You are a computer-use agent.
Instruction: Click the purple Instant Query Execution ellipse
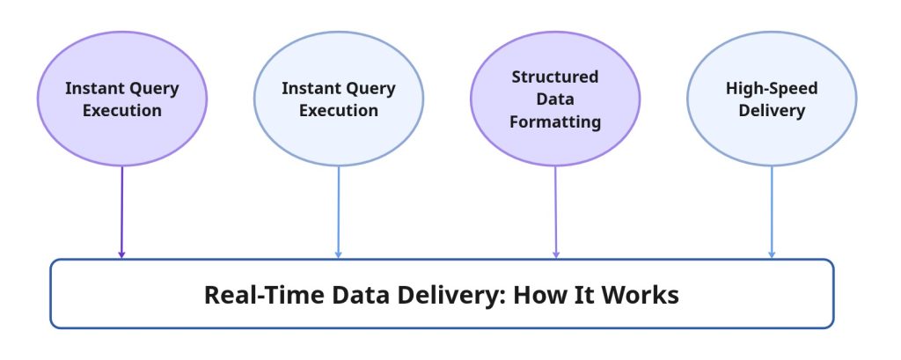(x=121, y=99)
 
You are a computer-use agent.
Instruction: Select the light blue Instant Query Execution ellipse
(x=339, y=99)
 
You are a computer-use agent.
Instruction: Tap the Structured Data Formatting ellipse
(x=555, y=99)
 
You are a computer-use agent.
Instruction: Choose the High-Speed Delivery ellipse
(x=772, y=99)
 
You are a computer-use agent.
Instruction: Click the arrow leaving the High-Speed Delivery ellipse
(x=772, y=212)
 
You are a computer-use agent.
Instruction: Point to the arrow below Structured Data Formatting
(x=555, y=212)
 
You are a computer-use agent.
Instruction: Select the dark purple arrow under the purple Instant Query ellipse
(x=121, y=212)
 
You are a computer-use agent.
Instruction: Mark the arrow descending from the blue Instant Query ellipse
(x=339, y=212)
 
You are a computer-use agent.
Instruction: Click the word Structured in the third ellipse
(x=555, y=77)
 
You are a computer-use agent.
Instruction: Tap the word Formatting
(x=555, y=122)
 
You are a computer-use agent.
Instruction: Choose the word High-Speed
(x=772, y=89)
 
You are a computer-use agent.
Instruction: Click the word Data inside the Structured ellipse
(x=555, y=99)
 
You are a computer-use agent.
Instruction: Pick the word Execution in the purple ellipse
(x=121, y=110)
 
